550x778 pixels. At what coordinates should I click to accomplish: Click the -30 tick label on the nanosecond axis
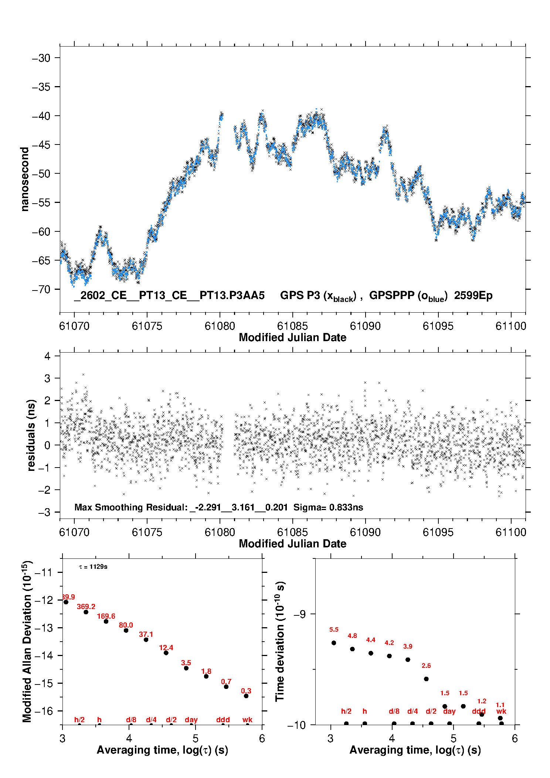41,58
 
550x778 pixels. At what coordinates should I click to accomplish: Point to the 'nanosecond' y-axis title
25,179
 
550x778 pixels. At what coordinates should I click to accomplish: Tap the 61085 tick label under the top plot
292,326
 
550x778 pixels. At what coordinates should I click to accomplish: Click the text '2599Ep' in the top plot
473,296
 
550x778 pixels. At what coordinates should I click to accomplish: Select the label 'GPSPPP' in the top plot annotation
392,296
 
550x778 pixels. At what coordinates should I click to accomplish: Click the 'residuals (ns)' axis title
31,435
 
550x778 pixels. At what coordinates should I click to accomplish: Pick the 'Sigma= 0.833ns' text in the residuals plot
328,507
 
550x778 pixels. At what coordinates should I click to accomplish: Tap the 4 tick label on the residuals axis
47,356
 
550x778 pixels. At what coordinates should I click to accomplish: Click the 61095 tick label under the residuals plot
438,532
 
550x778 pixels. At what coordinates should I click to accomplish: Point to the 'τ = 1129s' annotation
93,567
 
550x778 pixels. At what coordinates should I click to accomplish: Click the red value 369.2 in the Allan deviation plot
86,607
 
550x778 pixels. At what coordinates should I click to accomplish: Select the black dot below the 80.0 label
126,630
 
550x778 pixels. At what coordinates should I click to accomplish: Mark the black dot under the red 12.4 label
166,653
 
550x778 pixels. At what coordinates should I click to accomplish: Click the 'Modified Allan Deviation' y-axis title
27,641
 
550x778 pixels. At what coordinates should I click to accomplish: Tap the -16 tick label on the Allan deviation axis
43,711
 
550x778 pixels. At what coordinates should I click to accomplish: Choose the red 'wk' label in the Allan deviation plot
247,720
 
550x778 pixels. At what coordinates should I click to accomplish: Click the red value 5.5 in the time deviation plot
334,629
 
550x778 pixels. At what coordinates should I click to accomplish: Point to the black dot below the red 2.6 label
426,679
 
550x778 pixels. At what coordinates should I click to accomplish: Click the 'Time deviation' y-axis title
280,642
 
